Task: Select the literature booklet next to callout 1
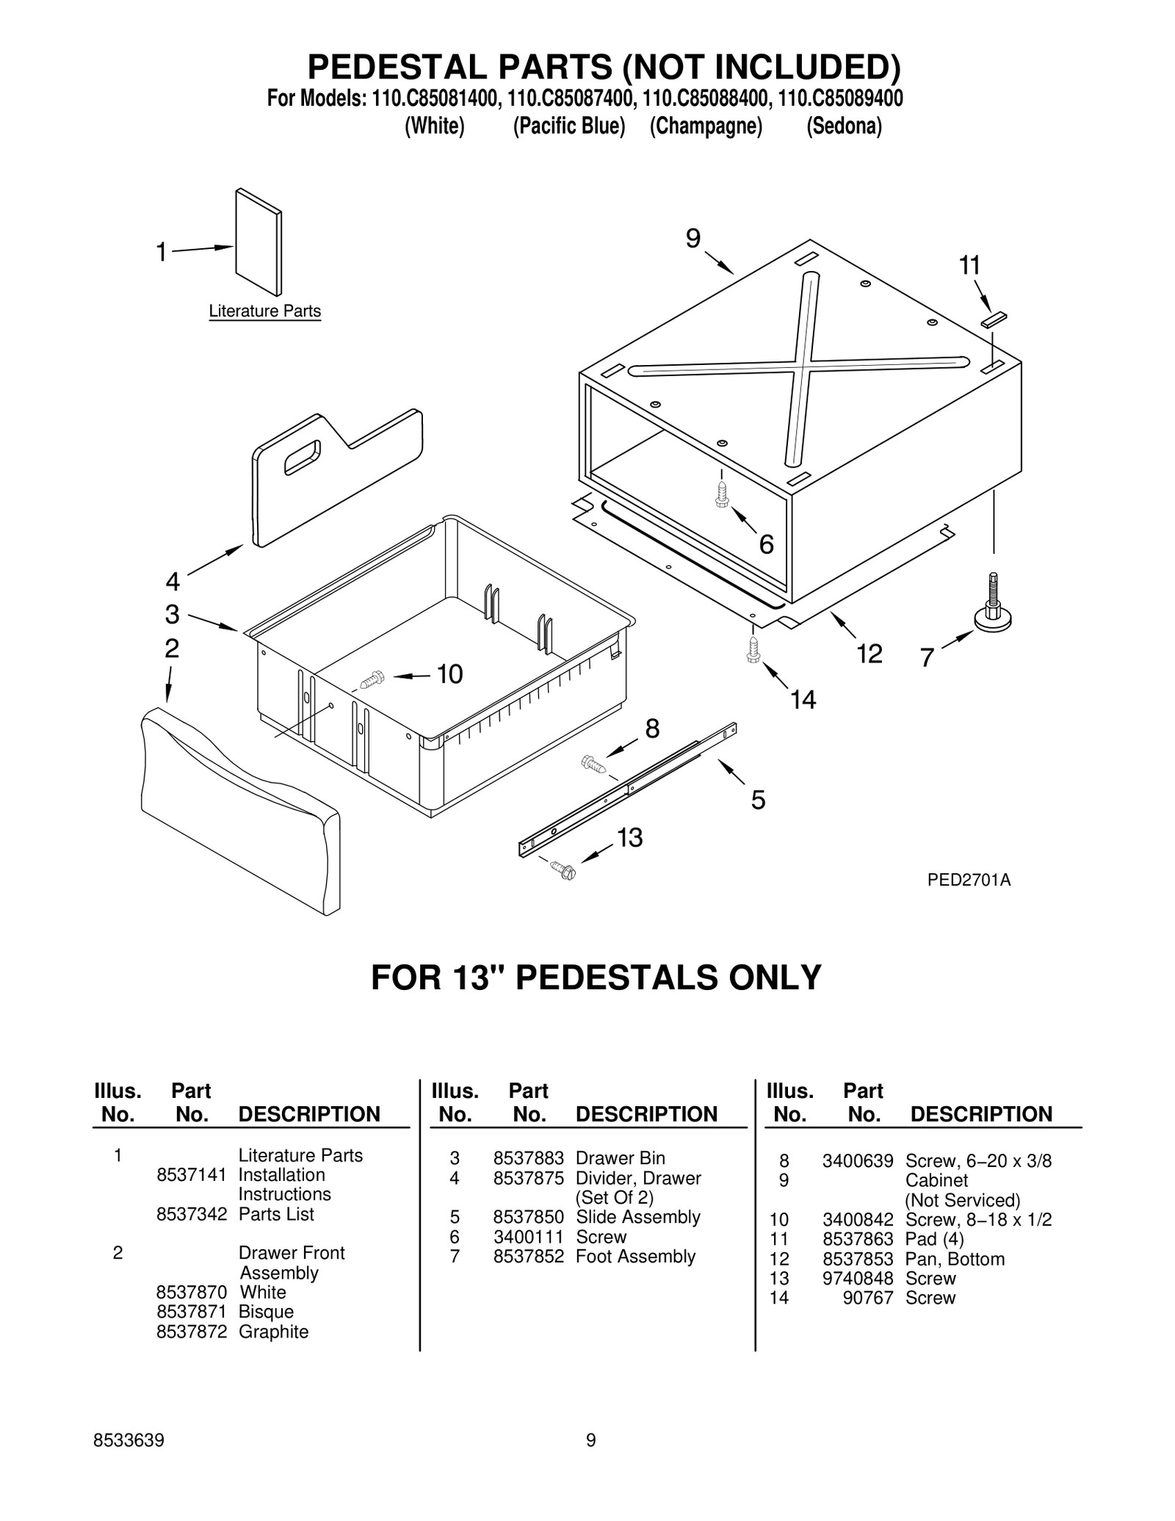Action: pos(258,242)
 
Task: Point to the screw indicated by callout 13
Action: pos(565,870)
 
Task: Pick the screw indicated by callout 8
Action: pos(593,763)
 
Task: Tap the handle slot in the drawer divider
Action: pos(302,457)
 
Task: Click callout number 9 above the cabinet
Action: pos(693,239)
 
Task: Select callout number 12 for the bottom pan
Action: pos(869,653)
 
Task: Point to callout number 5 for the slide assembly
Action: pos(758,799)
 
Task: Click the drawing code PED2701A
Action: pos(969,880)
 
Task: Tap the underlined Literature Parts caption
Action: pos(264,311)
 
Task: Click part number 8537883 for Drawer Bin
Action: pos(528,1158)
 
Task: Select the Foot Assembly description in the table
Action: pos(635,1257)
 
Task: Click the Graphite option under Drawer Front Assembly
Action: pos(273,1332)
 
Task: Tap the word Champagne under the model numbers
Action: pos(706,126)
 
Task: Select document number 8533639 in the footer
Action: pos(129,1461)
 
